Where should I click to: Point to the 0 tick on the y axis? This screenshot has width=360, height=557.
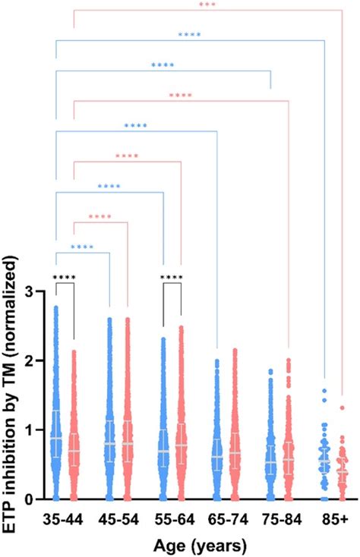[x=37, y=499]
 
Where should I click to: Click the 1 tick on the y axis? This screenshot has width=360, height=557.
[x=37, y=430]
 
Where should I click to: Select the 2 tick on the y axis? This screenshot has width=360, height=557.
[x=37, y=360]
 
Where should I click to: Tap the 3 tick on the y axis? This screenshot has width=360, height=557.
[x=37, y=291]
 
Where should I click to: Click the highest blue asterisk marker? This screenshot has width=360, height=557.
[x=189, y=34]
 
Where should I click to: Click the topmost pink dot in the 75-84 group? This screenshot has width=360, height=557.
[x=288, y=360]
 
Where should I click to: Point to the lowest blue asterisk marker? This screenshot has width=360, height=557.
[x=82, y=247]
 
